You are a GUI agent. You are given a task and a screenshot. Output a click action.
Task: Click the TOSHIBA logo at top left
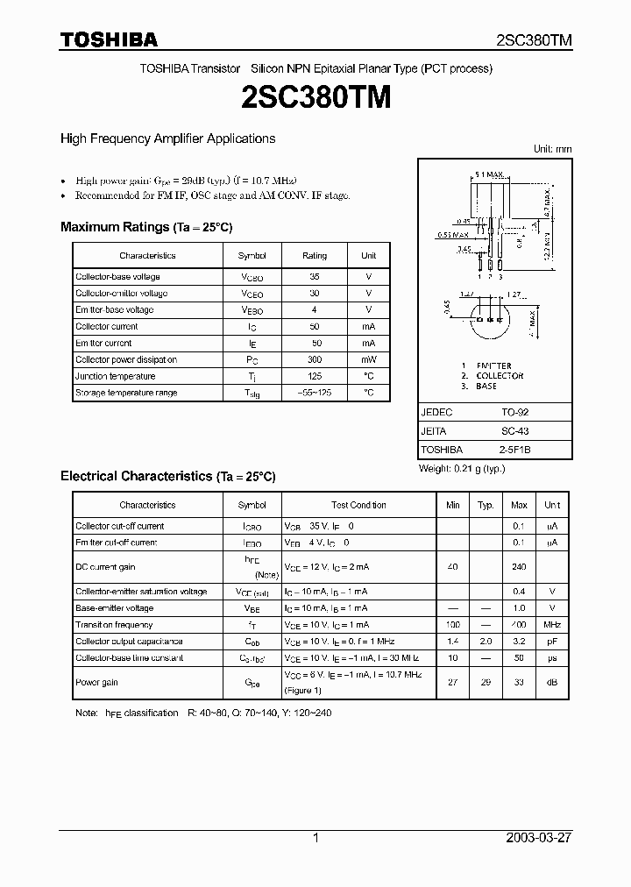(109, 39)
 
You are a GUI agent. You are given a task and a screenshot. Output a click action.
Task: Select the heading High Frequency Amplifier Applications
(167, 138)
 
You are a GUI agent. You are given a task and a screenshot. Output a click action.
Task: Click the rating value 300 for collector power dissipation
(315, 359)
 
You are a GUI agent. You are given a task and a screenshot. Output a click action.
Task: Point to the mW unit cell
(368, 359)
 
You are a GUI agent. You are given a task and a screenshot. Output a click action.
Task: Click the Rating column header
(315, 256)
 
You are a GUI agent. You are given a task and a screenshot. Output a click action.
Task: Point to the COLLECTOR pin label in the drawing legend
(499, 376)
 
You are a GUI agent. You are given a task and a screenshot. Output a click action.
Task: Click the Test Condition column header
(358, 506)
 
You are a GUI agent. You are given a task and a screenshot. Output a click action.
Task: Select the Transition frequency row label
(114, 625)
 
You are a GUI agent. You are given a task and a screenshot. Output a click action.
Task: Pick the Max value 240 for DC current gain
(519, 567)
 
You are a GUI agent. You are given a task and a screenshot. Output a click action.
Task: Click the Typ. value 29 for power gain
(485, 682)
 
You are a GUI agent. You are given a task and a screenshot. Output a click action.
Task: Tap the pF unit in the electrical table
(552, 642)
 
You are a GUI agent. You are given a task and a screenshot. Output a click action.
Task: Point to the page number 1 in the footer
(315, 838)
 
